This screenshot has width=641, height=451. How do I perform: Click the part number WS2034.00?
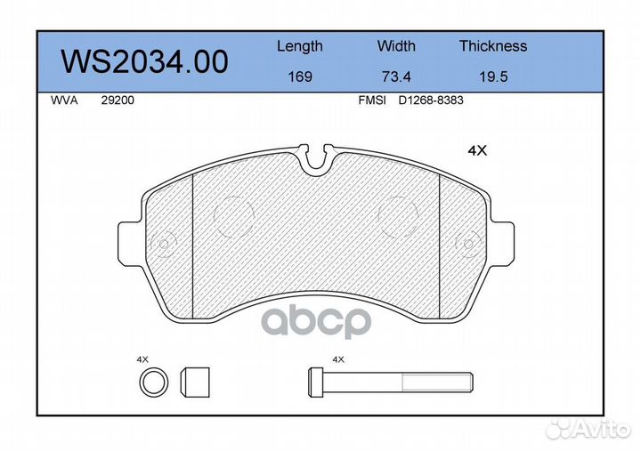click(144, 61)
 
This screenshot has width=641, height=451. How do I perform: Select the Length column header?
click(300, 46)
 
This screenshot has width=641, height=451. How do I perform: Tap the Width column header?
click(396, 45)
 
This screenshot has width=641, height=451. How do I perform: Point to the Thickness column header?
click(493, 45)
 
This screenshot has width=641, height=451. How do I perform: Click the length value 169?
click(300, 77)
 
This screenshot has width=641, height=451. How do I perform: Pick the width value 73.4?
click(396, 77)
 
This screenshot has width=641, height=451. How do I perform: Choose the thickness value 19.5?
click(493, 77)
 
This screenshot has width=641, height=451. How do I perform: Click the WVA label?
click(64, 101)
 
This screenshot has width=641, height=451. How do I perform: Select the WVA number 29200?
click(118, 101)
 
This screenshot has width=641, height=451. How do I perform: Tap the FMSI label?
click(372, 101)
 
